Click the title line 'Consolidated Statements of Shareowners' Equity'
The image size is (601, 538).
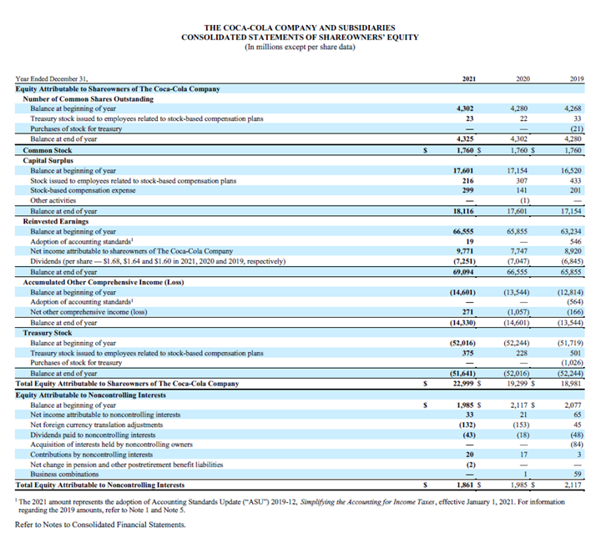[300, 38]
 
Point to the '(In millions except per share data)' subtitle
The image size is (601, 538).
[300, 48]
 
